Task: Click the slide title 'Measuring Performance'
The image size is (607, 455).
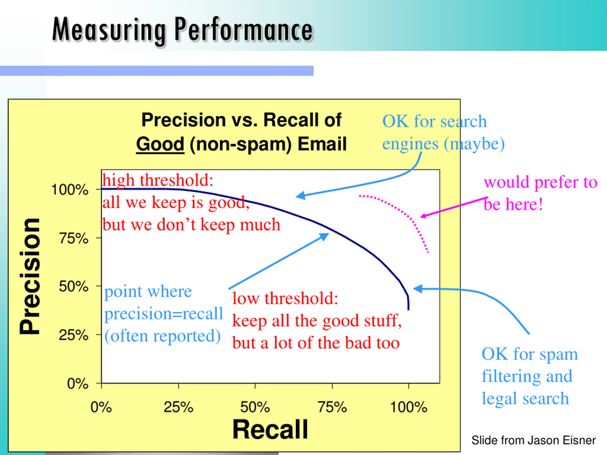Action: tap(183, 30)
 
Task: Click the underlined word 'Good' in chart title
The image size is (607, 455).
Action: tap(160, 144)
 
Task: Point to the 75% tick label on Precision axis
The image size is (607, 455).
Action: tap(74, 238)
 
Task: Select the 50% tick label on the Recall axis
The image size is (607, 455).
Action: tap(255, 407)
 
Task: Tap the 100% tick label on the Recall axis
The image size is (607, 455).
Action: tap(409, 407)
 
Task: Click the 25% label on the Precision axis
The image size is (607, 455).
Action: tap(74, 335)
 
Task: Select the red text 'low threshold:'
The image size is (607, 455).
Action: tap(285, 298)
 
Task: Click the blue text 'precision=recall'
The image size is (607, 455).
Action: tap(164, 314)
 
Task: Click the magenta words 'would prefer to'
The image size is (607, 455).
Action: tap(540, 182)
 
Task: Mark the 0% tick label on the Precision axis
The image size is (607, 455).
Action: tap(78, 383)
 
